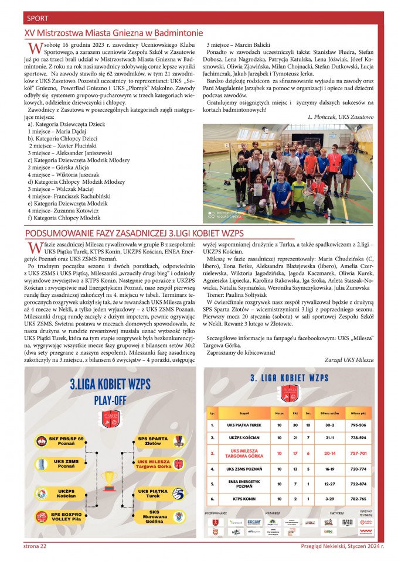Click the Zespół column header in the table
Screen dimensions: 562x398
pyautogui.click(x=245, y=413)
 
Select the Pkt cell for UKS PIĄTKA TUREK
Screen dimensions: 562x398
pyautogui.click(x=296, y=425)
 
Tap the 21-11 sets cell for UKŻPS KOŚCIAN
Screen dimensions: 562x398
pyautogui.click(x=329, y=438)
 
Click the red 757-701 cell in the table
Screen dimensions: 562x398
pyautogui.click(x=358, y=453)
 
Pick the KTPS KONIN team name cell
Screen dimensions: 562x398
pyautogui.click(x=245, y=499)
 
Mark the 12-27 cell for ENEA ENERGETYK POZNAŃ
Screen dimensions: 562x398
pyautogui.click(x=329, y=484)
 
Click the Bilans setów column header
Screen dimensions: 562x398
pyautogui.click(x=329, y=413)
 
